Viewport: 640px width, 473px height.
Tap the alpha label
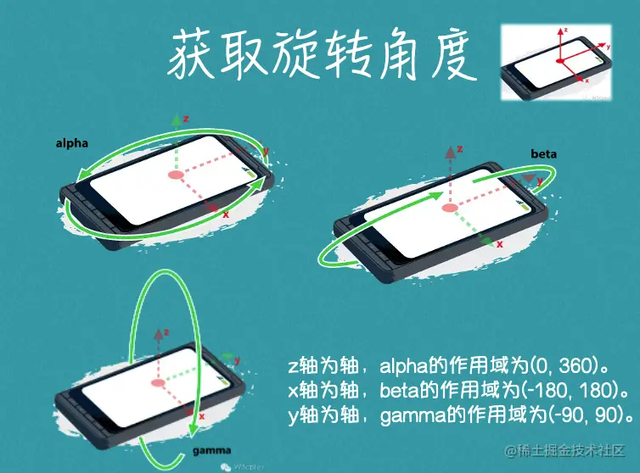click(x=72, y=143)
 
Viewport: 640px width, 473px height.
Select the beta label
click(x=543, y=153)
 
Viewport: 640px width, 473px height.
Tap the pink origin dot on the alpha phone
click(x=176, y=175)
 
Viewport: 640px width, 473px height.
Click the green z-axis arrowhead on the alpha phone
click(x=177, y=120)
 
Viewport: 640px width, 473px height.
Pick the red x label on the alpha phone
click(x=226, y=215)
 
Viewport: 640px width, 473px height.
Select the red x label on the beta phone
click(x=499, y=244)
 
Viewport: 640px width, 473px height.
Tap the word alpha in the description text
click(x=404, y=367)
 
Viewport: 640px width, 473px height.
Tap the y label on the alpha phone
click(x=266, y=153)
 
